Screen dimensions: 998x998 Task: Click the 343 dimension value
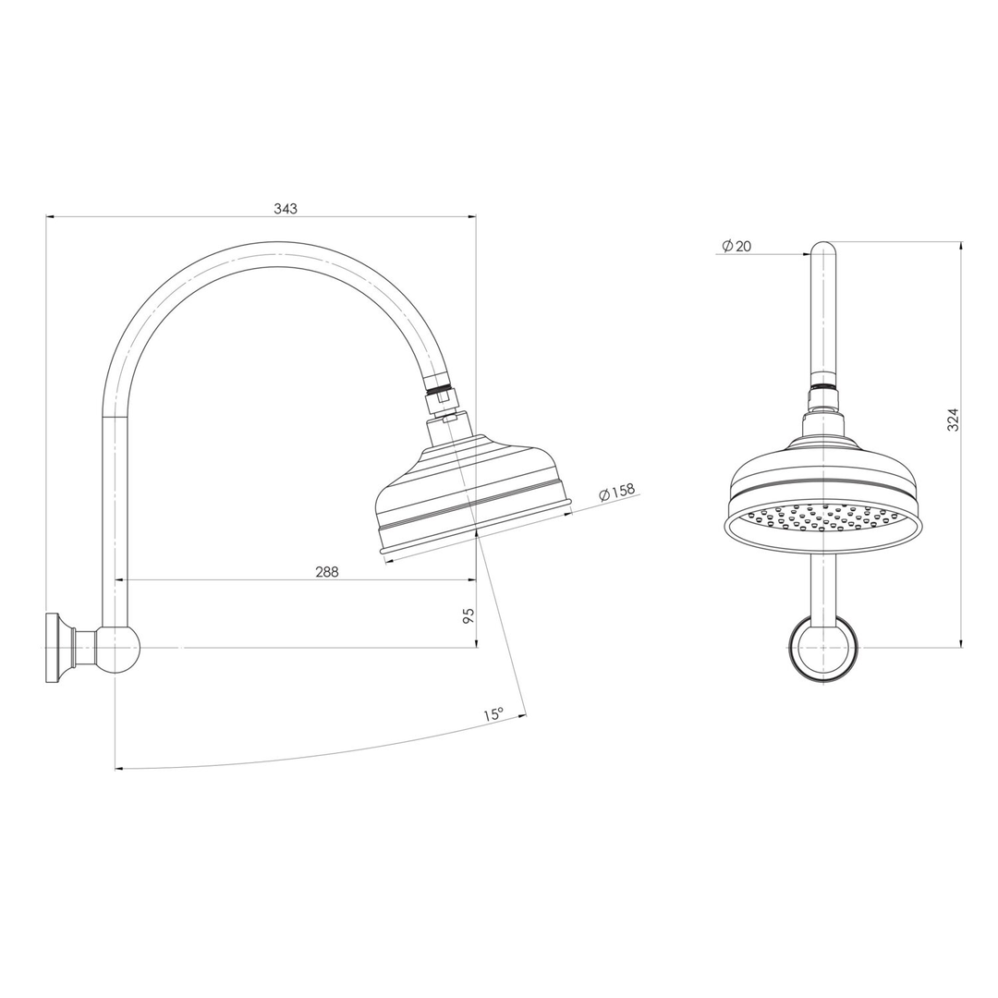(x=286, y=209)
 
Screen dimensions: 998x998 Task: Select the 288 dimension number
(x=327, y=572)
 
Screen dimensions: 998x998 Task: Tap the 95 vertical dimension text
(x=469, y=615)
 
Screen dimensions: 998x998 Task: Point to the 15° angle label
(x=493, y=714)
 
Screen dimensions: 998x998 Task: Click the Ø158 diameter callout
(x=617, y=492)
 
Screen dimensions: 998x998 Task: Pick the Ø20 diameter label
(x=736, y=246)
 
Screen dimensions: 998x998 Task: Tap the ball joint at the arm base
(x=118, y=648)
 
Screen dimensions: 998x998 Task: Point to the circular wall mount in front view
(x=822, y=649)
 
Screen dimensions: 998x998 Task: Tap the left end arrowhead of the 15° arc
(x=119, y=768)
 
